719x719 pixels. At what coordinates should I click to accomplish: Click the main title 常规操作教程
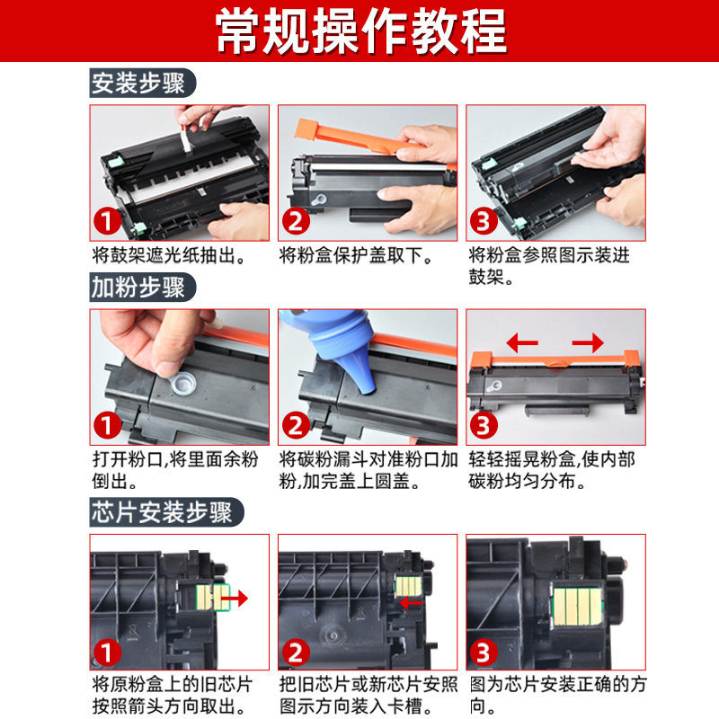pos(361,31)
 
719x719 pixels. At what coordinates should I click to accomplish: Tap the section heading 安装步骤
pos(138,83)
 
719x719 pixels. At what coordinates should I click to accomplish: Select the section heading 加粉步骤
pos(138,287)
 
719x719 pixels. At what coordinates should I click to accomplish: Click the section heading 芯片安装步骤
pos(162,511)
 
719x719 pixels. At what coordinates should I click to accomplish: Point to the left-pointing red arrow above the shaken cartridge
pos(522,342)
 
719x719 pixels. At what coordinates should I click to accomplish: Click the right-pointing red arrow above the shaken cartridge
pos(588,342)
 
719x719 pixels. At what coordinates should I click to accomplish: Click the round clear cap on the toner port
pos(182,383)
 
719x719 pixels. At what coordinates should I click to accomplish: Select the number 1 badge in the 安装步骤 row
pos(107,221)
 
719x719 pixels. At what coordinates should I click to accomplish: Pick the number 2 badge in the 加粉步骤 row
pos(296,425)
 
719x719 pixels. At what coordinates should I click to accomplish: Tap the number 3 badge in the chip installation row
pos(484,652)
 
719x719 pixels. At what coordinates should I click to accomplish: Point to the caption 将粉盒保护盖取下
pos(356,255)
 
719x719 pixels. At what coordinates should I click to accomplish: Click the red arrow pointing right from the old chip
pos(235,598)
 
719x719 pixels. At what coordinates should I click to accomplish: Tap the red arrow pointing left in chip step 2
pos(411,602)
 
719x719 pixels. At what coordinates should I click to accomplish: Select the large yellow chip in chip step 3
pos(577,608)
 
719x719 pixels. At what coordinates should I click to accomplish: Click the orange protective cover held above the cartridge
pos(362,137)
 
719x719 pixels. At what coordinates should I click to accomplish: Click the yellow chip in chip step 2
pos(408,586)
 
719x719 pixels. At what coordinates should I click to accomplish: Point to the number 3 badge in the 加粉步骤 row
pos(484,425)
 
